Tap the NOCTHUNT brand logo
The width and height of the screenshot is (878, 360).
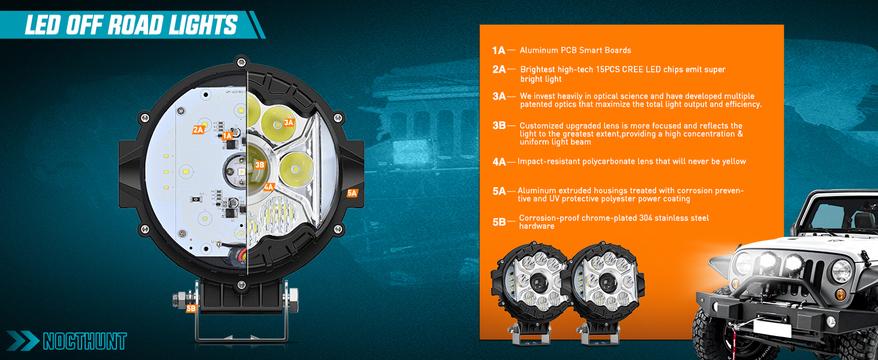tap(84, 341)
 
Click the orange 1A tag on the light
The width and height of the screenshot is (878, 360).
tap(227, 136)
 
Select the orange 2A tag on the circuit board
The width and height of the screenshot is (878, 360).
tap(198, 130)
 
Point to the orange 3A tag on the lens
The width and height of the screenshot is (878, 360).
tap(289, 122)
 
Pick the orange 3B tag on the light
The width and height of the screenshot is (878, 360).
tap(260, 164)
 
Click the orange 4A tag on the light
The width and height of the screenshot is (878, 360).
tap(269, 187)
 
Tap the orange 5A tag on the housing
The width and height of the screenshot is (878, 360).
tap(352, 193)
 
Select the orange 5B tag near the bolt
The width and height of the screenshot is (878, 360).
tap(191, 308)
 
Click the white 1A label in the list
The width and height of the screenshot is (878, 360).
tap(498, 50)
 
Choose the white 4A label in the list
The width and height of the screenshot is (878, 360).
tap(499, 161)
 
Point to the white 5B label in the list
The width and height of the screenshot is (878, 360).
tap(499, 222)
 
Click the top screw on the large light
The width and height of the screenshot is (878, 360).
tap(241, 61)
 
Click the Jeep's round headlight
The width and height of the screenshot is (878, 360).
tap(840, 271)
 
